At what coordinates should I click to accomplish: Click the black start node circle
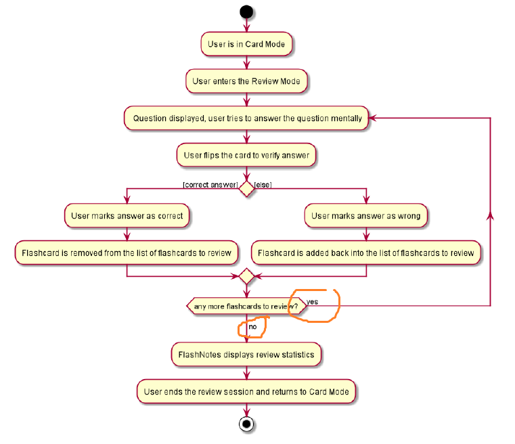point(246,12)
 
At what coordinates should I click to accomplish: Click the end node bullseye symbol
point(246,424)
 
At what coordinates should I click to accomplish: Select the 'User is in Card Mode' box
point(246,44)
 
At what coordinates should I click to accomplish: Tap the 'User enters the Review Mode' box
point(246,81)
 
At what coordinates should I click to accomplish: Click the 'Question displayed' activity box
point(246,118)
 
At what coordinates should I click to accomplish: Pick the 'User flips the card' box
point(246,155)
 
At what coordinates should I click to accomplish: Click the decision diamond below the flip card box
point(246,188)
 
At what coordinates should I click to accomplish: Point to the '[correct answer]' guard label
point(210,184)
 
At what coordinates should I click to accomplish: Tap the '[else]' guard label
point(263,184)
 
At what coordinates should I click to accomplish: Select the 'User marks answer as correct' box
point(127,217)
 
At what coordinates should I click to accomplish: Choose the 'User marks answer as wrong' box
point(366,217)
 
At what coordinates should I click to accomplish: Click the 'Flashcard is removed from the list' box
point(127,254)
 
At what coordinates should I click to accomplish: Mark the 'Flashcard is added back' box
point(366,254)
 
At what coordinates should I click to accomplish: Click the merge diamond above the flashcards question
point(246,276)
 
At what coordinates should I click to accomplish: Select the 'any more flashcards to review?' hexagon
point(246,307)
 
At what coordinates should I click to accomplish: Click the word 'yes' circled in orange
point(313,302)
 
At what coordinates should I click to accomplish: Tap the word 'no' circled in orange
point(253,327)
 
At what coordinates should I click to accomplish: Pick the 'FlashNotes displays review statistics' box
point(246,354)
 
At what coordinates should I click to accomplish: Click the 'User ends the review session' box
point(246,391)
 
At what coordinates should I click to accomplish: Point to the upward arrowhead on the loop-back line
point(490,215)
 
